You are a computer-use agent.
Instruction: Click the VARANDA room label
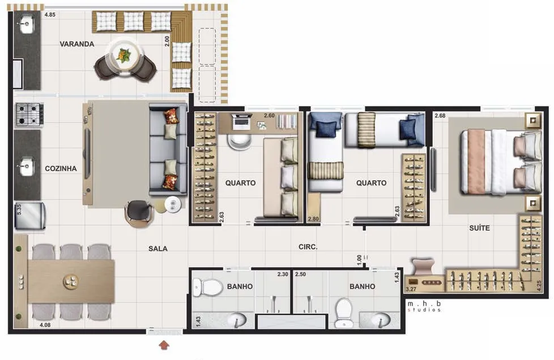[76, 44]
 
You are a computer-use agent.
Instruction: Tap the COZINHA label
[61, 169]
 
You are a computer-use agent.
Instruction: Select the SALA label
[158, 249]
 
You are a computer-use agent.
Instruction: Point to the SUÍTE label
[479, 228]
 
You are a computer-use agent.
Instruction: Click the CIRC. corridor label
[308, 247]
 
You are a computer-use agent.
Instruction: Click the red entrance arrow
[164, 345]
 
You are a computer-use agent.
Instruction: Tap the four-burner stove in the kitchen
[29, 114]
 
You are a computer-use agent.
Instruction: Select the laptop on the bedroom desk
[242, 121]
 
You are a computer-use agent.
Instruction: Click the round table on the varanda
[125, 56]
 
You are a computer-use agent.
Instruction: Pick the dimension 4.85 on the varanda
[50, 15]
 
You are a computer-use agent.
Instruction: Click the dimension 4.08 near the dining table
[45, 325]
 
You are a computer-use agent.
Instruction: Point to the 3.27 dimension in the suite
[411, 289]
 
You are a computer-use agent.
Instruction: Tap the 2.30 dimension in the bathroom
[283, 274]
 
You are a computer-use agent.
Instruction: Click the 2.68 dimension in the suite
[440, 116]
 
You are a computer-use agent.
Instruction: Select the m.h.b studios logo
[424, 306]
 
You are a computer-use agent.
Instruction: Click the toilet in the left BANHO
[207, 286]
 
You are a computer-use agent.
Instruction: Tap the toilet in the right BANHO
[344, 312]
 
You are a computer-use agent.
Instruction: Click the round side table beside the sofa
[172, 205]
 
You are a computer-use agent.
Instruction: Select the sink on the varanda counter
[27, 24]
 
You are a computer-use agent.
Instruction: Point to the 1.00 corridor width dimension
[359, 260]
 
